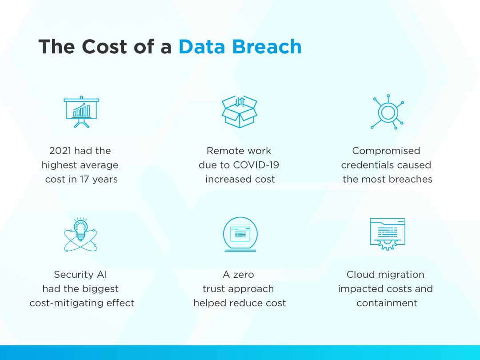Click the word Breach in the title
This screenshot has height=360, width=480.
(x=267, y=47)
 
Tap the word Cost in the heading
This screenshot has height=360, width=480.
(x=104, y=47)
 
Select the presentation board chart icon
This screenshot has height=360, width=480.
(x=81, y=112)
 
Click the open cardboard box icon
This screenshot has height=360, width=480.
(x=240, y=112)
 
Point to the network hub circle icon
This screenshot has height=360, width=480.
(x=388, y=112)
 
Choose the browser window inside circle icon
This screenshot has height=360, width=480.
(x=240, y=235)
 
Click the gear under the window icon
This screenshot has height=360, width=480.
(x=387, y=244)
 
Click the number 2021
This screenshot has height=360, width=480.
(x=60, y=151)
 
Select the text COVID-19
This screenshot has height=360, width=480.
(x=256, y=165)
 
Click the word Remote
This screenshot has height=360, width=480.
(x=223, y=151)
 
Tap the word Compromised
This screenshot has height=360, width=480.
(x=386, y=151)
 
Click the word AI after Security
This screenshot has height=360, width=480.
(x=102, y=274)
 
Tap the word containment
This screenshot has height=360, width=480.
(x=387, y=303)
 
